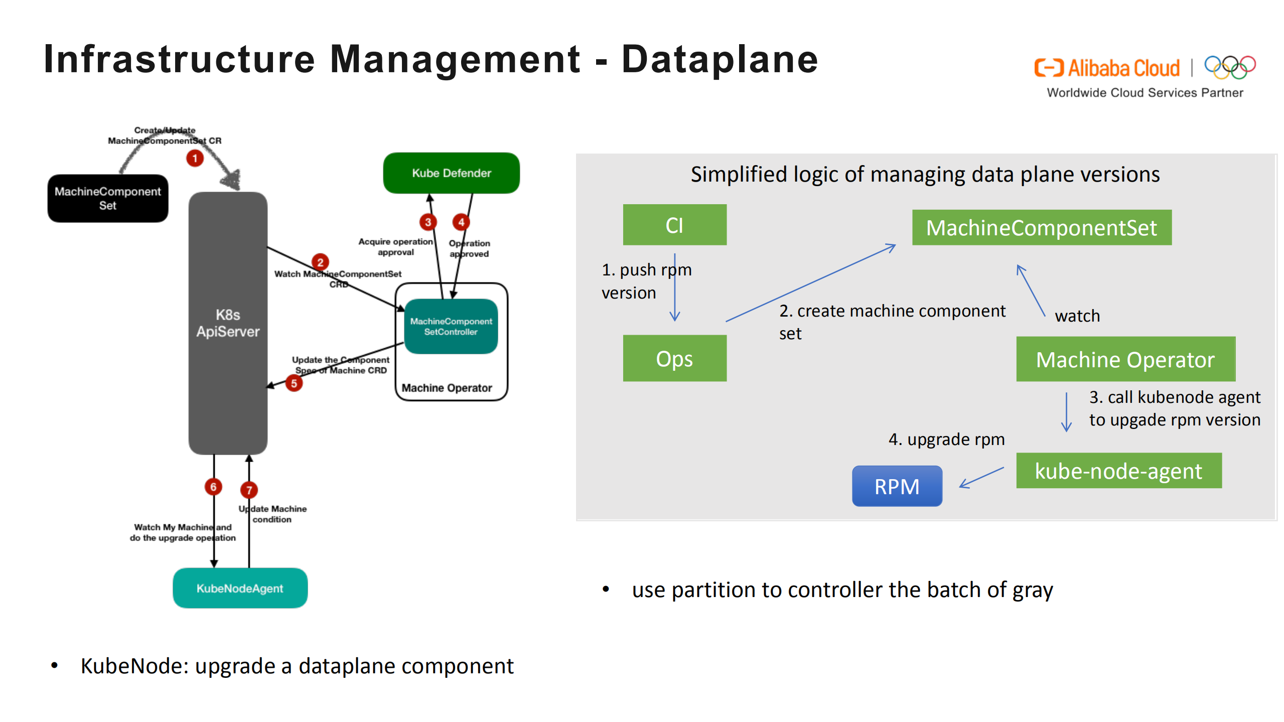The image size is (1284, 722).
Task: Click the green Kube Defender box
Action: [451, 173]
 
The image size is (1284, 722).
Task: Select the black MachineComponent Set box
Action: [107, 198]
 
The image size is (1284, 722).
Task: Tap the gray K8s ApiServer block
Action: [227, 323]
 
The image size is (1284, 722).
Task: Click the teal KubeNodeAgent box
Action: [239, 588]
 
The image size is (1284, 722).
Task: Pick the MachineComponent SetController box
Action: [451, 326]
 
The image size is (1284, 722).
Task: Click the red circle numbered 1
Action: [195, 159]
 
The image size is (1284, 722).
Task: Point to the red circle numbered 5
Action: [294, 384]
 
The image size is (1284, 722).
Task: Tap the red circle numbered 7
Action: [249, 490]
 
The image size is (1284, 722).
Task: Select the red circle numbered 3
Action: [427, 222]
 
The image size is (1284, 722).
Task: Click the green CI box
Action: [674, 225]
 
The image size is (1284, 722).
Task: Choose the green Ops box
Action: [674, 358]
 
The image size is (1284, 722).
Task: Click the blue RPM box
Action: [896, 486]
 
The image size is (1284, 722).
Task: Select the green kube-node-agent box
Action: [1118, 471]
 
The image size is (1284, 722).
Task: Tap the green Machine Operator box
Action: [1125, 359]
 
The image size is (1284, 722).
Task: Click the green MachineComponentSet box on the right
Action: [1041, 228]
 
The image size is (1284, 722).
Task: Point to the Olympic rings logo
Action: [1229, 67]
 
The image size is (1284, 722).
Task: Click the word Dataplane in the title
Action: [719, 59]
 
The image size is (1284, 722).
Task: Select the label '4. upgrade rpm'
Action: [946, 440]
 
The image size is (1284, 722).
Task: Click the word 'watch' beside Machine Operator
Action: [1077, 316]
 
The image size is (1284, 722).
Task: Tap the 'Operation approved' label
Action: [469, 248]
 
